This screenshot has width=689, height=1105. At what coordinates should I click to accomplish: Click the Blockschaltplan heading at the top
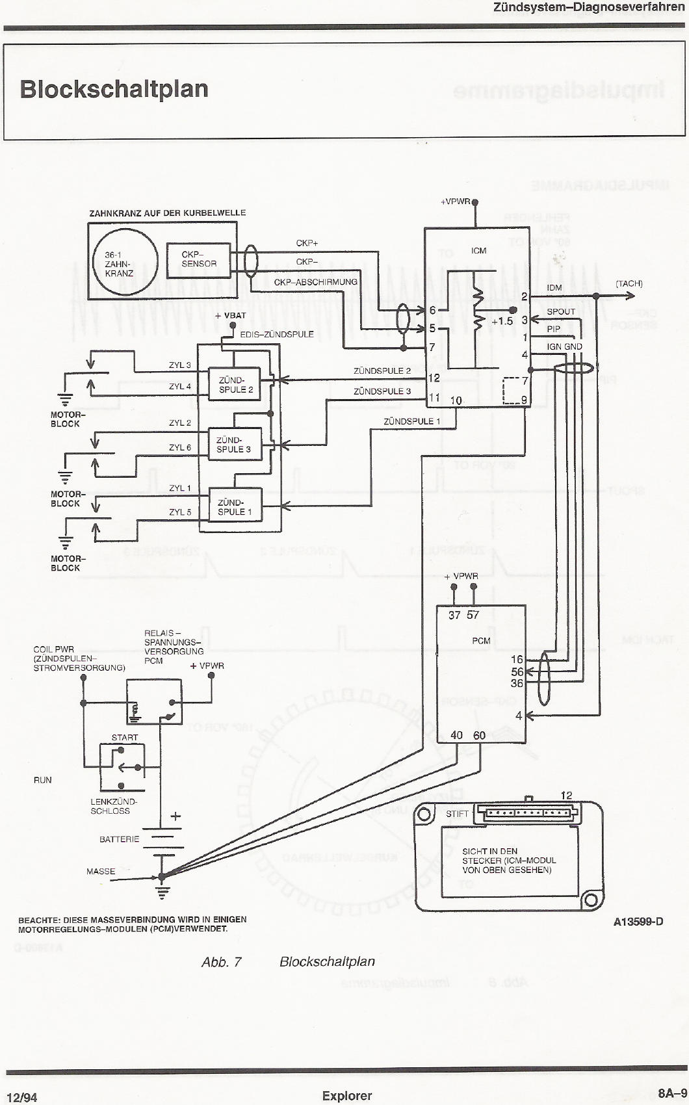pos(114,89)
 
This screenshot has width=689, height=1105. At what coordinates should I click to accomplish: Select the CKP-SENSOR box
pos(198,259)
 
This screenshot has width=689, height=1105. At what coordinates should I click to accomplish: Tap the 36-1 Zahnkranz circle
pos(125,263)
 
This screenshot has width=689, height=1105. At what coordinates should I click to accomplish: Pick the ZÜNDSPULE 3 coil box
pos(234,445)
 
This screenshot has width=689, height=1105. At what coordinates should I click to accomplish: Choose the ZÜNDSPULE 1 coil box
pos(235,507)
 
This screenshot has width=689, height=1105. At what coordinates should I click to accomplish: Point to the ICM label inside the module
pos(478,251)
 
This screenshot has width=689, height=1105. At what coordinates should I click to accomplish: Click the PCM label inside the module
pos(481,641)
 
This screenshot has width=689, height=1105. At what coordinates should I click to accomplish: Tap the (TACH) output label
pos(629,283)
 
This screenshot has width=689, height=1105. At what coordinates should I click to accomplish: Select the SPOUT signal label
pos(560,311)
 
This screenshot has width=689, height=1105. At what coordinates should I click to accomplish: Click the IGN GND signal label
pos(564,346)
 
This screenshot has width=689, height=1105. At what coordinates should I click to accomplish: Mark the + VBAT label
pos(231,315)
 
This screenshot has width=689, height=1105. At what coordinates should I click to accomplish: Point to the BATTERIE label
pos(119,839)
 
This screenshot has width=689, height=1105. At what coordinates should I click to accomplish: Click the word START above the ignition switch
pos(124,737)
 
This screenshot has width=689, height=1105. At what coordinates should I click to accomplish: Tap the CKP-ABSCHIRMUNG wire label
pos(315,282)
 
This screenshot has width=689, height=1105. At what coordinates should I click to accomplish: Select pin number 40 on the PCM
pos(456,735)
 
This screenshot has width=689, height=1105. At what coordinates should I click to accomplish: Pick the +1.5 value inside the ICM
pos(502,321)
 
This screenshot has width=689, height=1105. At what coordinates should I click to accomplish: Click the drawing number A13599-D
pos(638,921)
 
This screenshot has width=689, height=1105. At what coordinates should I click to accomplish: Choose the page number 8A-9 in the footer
pos(671,1093)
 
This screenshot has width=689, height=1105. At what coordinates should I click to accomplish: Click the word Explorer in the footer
pos(346,1096)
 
